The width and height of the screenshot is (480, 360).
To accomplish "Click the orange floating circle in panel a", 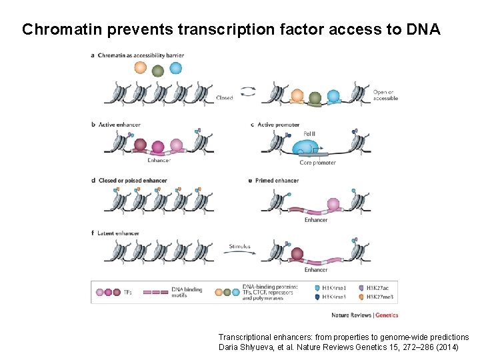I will (140, 67).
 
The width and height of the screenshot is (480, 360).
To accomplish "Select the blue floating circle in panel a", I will (175, 67).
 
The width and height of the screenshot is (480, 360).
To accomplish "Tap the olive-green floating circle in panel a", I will (158, 71).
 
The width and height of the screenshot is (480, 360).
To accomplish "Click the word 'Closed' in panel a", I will (225, 98).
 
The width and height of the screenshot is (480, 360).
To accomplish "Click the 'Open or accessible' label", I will (385, 95).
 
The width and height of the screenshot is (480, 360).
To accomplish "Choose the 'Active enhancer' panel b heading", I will (119, 125).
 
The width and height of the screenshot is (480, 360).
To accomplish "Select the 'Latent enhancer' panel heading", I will (119, 233).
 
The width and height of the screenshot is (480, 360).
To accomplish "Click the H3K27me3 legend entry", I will (381, 298).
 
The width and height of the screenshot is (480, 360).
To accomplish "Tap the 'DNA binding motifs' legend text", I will (187, 293).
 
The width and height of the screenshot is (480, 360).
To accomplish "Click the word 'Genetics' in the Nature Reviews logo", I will (387, 315).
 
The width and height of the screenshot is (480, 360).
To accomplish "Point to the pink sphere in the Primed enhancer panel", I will (332, 205).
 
